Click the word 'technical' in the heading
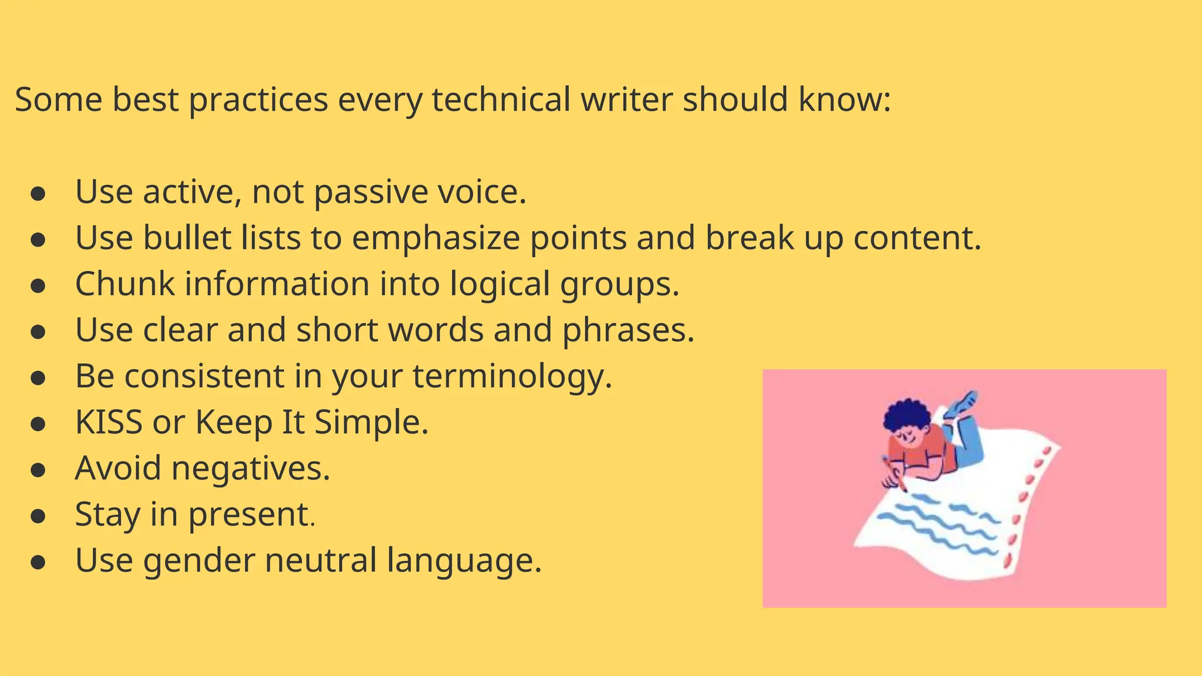click(501, 99)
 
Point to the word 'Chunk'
click(124, 284)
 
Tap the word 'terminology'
click(512, 377)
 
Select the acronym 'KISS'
click(109, 422)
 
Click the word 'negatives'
click(251, 468)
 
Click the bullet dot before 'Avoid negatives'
click(38, 470)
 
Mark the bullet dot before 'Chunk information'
click(38, 286)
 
